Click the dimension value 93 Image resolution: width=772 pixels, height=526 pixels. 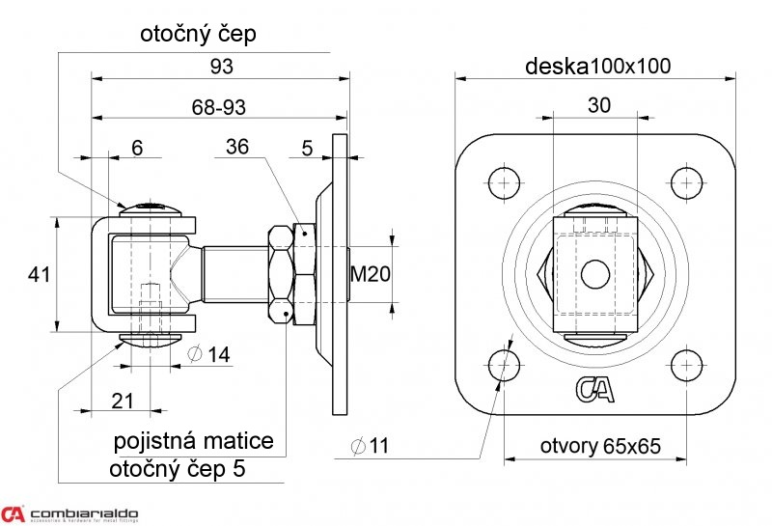tap(221, 66)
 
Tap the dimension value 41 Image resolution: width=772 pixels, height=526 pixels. tap(39, 275)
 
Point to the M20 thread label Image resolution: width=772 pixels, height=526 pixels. tap(370, 274)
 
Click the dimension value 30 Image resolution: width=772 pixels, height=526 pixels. tap(598, 106)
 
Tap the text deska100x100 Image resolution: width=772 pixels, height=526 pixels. tap(598, 66)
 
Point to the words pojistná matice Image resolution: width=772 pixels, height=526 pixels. tap(194, 442)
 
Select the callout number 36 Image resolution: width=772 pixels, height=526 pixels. tap(237, 148)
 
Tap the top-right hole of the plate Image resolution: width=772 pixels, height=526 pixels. tap(686, 182)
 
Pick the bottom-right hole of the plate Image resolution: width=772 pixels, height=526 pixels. tap(686, 365)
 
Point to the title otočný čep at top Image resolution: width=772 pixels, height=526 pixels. tap(198, 35)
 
